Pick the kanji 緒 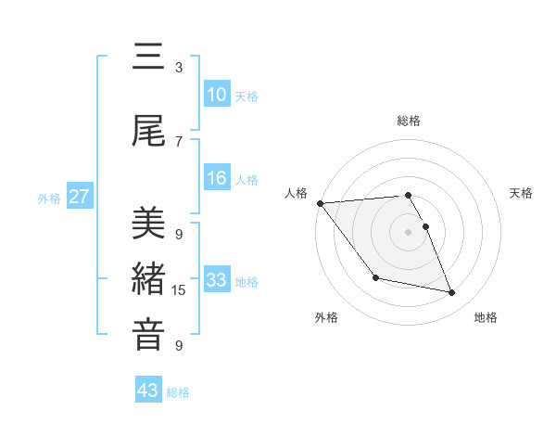(x=148, y=278)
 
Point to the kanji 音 (x=148, y=335)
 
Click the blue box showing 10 (x=217, y=95)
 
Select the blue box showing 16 (x=217, y=178)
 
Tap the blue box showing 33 (x=217, y=280)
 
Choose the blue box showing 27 (x=80, y=197)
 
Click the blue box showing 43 (x=148, y=391)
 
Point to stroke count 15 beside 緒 (x=179, y=290)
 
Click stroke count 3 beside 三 (x=179, y=68)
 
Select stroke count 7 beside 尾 (x=179, y=141)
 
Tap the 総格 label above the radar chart (x=409, y=121)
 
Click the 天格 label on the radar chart (x=522, y=193)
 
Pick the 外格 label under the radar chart (x=326, y=317)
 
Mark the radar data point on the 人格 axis (x=320, y=203)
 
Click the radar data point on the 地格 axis (x=452, y=293)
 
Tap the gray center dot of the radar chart (x=409, y=232)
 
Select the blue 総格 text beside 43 (x=178, y=391)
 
